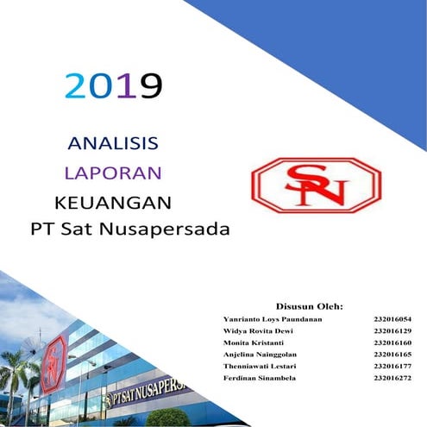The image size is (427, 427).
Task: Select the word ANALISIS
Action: (112, 142)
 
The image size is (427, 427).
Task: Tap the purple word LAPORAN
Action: (114, 172)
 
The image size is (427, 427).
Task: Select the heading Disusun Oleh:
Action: (310, 306)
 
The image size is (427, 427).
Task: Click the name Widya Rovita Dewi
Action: (259, 330)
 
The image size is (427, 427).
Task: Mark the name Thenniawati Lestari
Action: (261, 366)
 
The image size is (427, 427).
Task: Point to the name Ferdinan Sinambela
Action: (260, 378)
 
